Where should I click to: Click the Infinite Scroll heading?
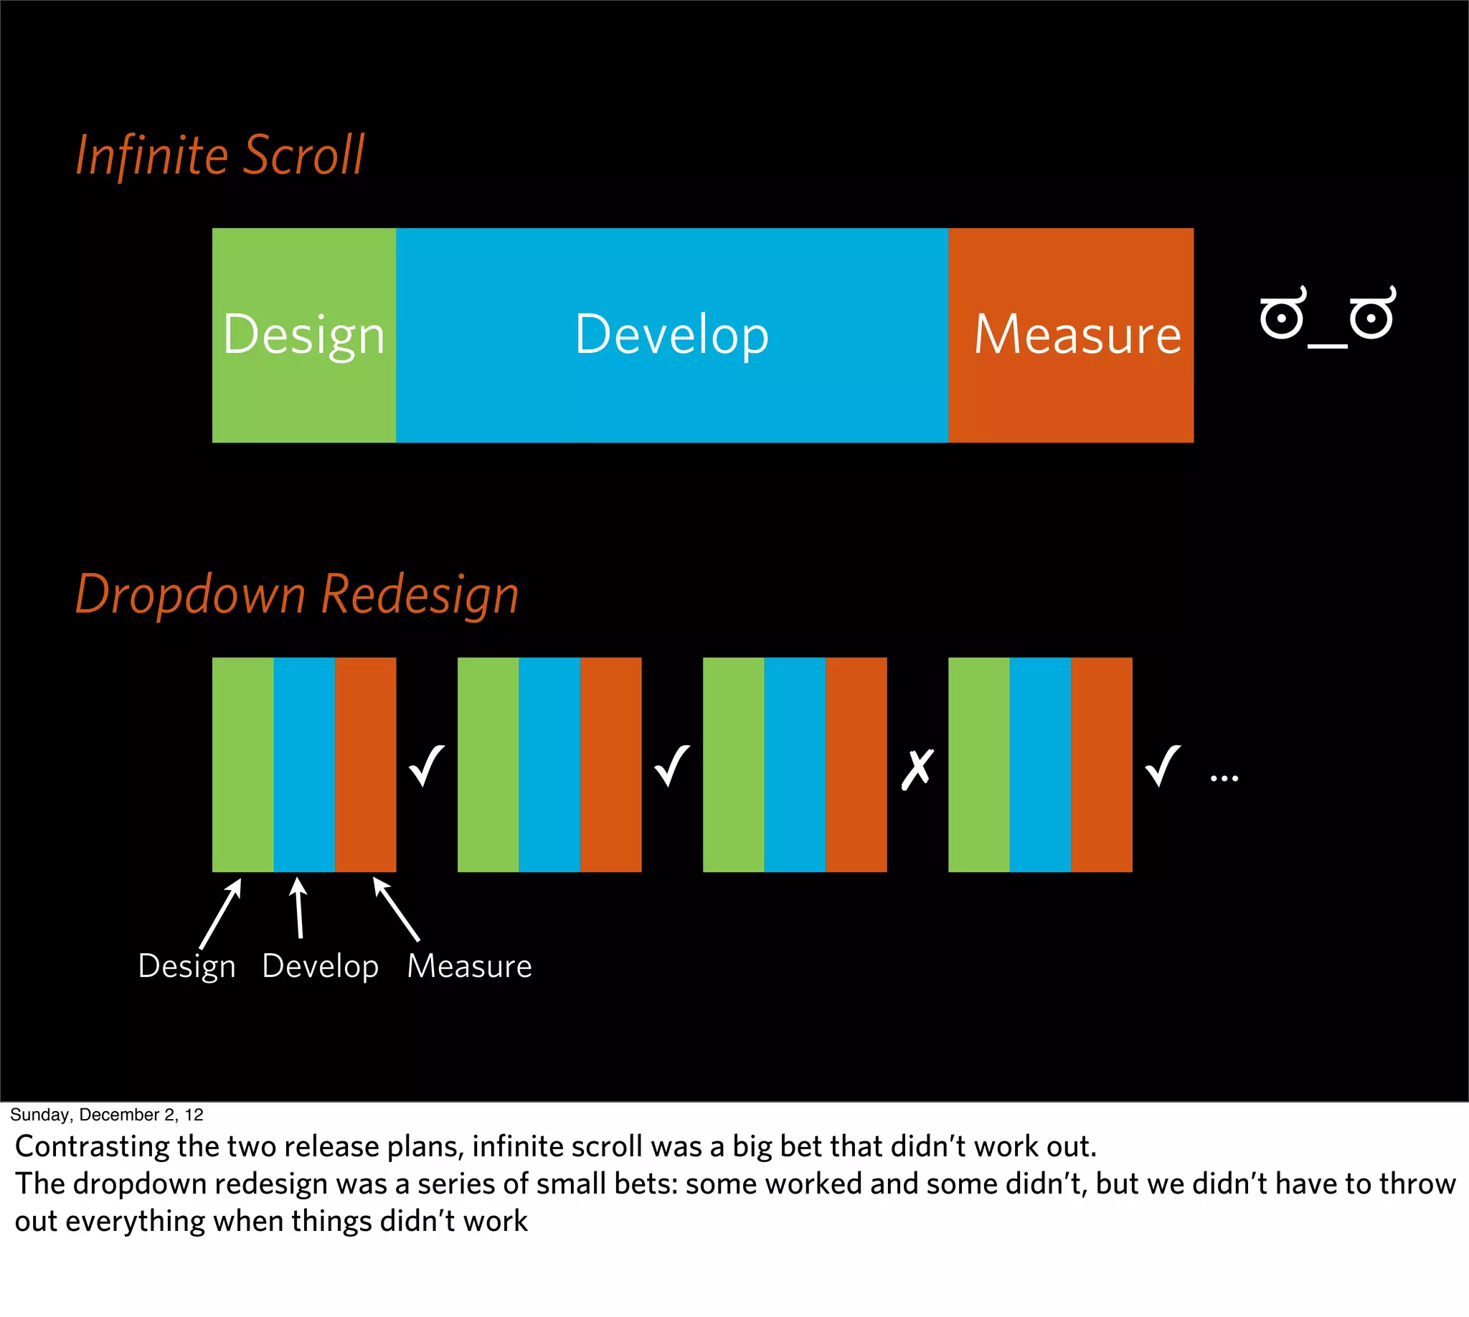[x=220, y=156]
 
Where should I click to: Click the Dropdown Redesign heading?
[x=297, y=594]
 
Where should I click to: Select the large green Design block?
[x=304, y=335]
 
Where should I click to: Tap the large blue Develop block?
[x=671, y=335]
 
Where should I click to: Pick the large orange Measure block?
[x=1070, y=335]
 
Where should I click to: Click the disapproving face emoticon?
[x=1327, y=317]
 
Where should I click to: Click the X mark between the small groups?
[x=917, y=769]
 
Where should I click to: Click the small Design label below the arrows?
[x=186, y=966]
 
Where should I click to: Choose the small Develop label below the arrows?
[x=320, y=966]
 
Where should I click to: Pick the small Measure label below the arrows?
[x=469, y=966]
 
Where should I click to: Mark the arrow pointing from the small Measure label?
[x=396, y=908]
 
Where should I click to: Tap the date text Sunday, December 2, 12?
[x=106, y=1115]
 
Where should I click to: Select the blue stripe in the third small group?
[x=795, y=764]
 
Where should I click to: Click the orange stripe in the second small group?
[x=610, y=764]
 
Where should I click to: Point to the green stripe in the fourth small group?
[x=978, y=764]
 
